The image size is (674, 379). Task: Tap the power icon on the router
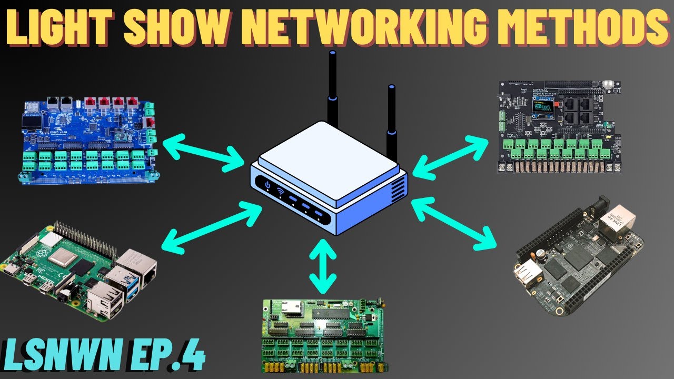(x=267, y=185)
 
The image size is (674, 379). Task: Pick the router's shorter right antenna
(x=392, y=113)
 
